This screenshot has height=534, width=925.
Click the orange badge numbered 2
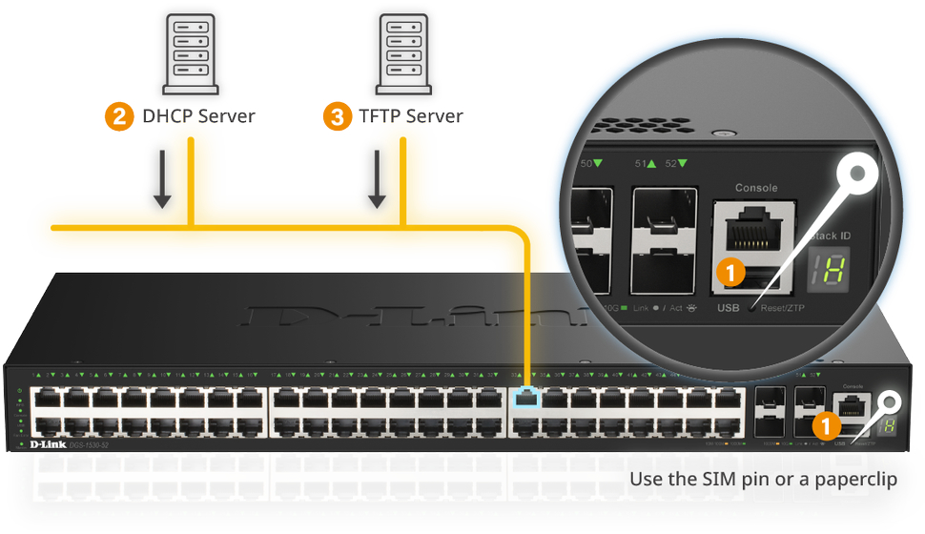point(118,117)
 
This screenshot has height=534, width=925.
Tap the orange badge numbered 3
point(337,117)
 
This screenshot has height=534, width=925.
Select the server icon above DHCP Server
point(191,54)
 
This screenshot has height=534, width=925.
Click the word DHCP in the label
point(166,117)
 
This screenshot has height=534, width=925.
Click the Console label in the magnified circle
point(756,188)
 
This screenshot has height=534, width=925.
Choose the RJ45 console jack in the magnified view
point(756,230)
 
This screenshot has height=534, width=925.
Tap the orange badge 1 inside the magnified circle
point(730,273)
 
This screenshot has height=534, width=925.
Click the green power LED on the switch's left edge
point(19,393)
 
